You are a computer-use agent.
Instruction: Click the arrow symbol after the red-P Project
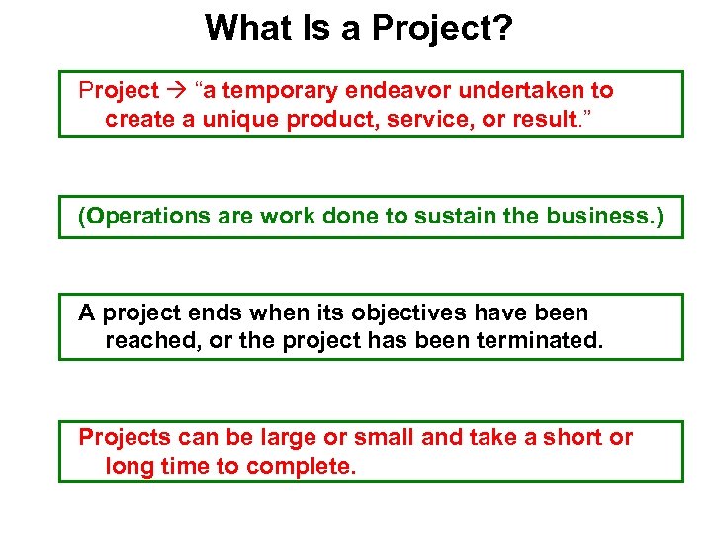click(x=178, y=91)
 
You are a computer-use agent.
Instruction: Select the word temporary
click(x=271, y=91)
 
